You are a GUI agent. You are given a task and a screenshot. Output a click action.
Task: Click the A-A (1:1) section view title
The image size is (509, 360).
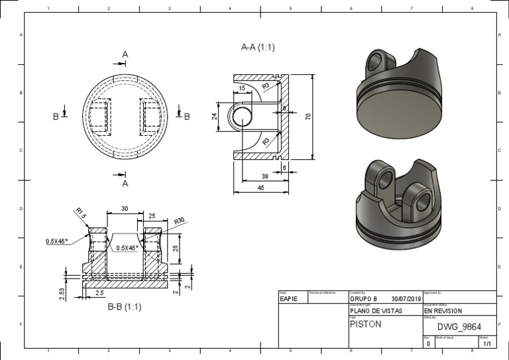[x=258, y=48]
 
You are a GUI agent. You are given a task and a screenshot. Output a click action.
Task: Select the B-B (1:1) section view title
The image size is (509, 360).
[x=125, y=307]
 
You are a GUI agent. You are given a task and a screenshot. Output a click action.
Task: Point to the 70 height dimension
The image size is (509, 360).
[x=308, y=117]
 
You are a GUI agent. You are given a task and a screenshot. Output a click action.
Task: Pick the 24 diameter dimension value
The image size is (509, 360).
[x=214, y=117]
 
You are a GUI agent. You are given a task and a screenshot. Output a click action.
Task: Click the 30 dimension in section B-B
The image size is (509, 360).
[x=125, y=209]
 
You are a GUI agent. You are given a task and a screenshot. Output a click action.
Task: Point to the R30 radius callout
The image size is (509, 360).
[x=180, y=221]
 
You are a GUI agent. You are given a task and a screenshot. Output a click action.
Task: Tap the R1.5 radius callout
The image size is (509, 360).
[x=80, y=213]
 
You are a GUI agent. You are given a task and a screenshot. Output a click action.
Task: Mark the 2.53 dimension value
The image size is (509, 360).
[x=62, y=294]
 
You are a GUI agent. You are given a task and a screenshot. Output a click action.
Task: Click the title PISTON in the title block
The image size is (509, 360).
[x=365, y=325]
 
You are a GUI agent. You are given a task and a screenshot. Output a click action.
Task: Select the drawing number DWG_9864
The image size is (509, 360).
[x=459, y=326]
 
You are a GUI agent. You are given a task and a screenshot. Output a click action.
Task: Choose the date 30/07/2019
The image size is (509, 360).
[x=406, y=299]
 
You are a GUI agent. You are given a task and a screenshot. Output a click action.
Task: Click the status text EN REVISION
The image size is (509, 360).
[x=443, y=310]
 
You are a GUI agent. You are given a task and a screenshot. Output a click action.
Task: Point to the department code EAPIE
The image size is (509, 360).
[x=289, y=299]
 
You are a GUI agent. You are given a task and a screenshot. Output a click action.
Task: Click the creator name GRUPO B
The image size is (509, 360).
[x=363, y=299]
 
